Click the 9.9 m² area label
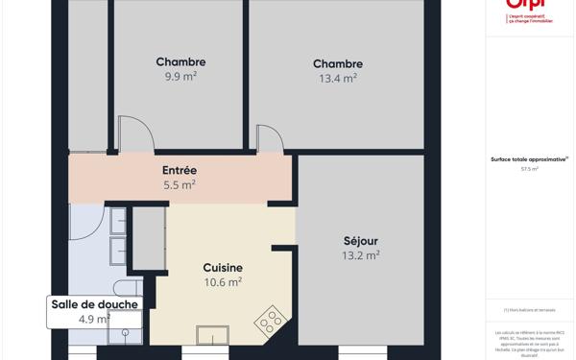point(180,77)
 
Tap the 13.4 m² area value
point(337,79)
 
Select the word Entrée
point(180,170)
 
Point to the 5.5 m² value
point(180,184)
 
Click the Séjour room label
point(361,241)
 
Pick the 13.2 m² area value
point(361,255)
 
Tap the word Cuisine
point(223,268)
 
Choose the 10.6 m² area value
point(223,282)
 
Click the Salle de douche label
point(94,304)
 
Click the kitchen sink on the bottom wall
point(212,335)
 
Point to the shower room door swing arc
point(88,223)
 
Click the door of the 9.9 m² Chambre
point(133,135)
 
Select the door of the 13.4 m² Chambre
point(269,138)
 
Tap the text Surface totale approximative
point(528,159)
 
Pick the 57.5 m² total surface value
point(529,169)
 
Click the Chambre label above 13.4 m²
point(337,64)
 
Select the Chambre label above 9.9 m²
point(180,62)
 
